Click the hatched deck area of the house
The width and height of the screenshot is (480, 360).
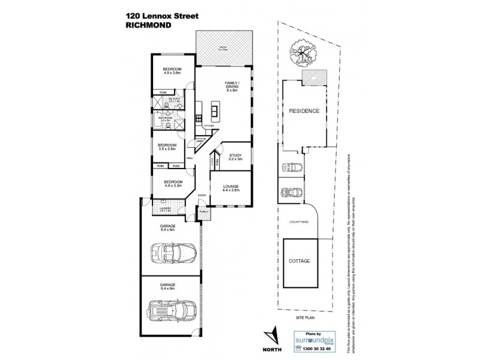click(222, 46)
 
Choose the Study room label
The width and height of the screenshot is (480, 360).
click(235, 157)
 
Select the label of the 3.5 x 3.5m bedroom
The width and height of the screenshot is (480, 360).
click(167, 146)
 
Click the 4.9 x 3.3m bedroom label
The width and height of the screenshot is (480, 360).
click(171, 184)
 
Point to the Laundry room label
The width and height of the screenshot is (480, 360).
click(166, 209)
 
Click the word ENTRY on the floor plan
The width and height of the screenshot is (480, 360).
click(202, 194)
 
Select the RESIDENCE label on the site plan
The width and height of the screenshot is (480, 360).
click(304, 112)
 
